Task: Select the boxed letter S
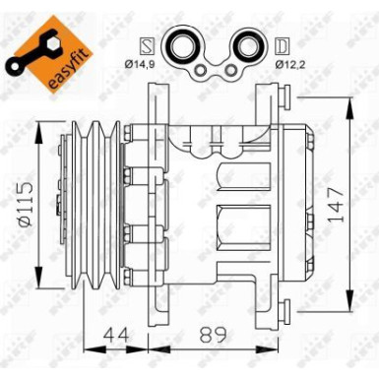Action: [x=148, y=46]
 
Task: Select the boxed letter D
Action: [x=281, y=46]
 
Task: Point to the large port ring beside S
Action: [x=180, y=45]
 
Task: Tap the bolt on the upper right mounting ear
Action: [x=287, y=96]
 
